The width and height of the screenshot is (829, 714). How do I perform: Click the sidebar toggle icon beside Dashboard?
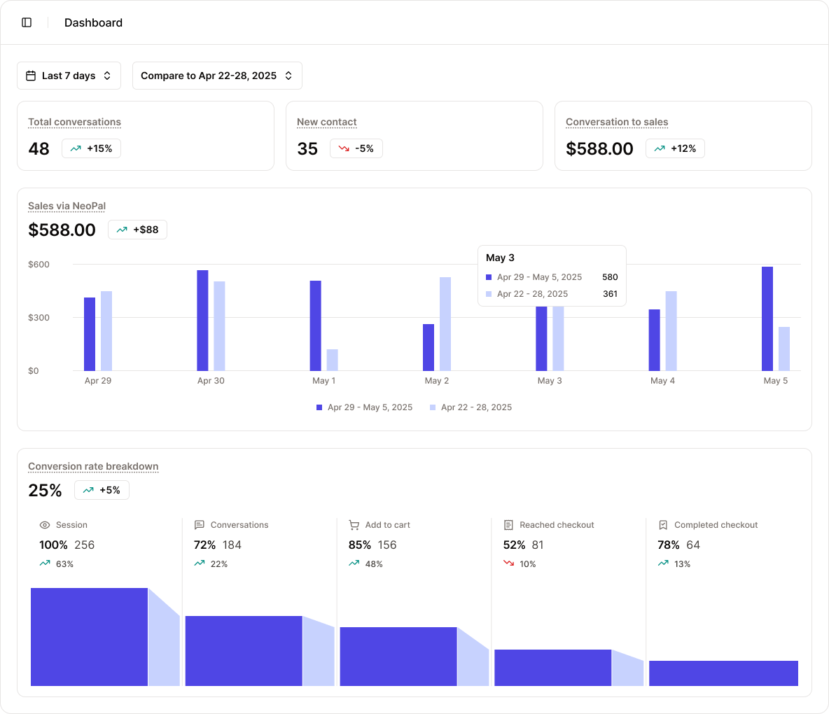click(27, 22)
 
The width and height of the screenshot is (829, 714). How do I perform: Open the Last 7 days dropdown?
click(69, 76)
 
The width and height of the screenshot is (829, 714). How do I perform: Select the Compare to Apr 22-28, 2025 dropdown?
click(217, 76)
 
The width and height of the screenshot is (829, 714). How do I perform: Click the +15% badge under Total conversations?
click(92, 148)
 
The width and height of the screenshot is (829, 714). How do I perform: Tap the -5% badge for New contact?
click(356, 148)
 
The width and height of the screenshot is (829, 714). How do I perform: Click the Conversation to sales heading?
click(617, 122)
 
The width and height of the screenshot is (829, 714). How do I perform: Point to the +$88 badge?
click(137, 230)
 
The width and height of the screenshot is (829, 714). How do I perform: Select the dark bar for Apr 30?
click(202, 321)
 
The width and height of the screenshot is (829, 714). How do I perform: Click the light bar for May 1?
click(332, 360)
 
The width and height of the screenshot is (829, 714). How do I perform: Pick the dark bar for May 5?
click(767, 318)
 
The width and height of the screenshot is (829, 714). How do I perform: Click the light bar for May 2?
click(445, 324)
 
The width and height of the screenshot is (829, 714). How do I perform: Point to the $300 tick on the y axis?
click(39, 318)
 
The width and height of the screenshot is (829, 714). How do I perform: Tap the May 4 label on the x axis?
click(662, 381)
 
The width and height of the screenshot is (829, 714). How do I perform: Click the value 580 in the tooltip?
click(610, 277)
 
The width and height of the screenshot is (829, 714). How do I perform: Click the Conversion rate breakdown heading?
click(93, 466)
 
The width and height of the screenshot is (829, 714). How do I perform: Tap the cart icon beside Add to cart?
click(354, 525)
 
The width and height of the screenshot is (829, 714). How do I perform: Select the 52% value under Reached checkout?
click(514, 545)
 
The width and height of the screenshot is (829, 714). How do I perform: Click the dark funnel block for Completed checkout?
click(723, 673)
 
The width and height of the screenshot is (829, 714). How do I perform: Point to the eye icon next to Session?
click(45, 525)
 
